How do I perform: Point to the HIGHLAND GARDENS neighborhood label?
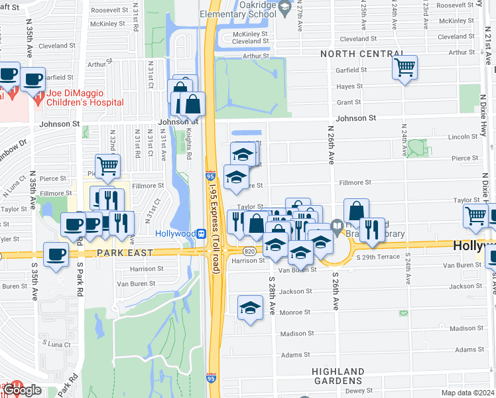338,376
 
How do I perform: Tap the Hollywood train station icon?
200,234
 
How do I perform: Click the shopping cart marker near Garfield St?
404,67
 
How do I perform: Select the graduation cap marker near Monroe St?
250,308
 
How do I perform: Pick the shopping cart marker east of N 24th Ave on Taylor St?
475,215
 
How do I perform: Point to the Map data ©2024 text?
468,393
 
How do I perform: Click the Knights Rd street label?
188,145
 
